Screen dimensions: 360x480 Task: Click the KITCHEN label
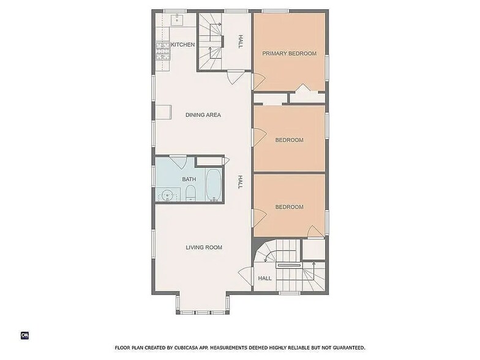pyautogui.click(x=182, y=45)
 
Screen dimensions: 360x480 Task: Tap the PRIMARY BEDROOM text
pyautogui.click(x=289, y=54)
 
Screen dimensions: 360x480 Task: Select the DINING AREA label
pyautogui.click(x=203, y=115)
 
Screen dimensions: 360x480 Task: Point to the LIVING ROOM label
pyautogui.click(x=204, y=247)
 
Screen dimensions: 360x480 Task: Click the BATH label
pyautogui.click(x=189, y=179)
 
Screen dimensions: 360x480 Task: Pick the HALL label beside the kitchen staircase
pyautogui.click(x=241, y=41)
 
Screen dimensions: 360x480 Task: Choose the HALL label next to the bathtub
pyautogui.click(x=241, y=182)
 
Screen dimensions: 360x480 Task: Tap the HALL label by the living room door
pyautogui.click(x=264, y=278)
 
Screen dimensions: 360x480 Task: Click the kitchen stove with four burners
pyautogui.click(x=162, y=50)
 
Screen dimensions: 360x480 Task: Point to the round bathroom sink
pyautogui.click(x=167, y=196)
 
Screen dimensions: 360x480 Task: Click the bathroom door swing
pyautogui.click(x=178, y=162)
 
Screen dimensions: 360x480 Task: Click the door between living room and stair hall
pyautogui.click(x=246, y=277)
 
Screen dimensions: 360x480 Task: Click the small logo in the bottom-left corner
pyautogui.click(x=25, y=335)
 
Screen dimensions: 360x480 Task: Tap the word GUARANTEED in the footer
pyautogui.click(x=345, y=348)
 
